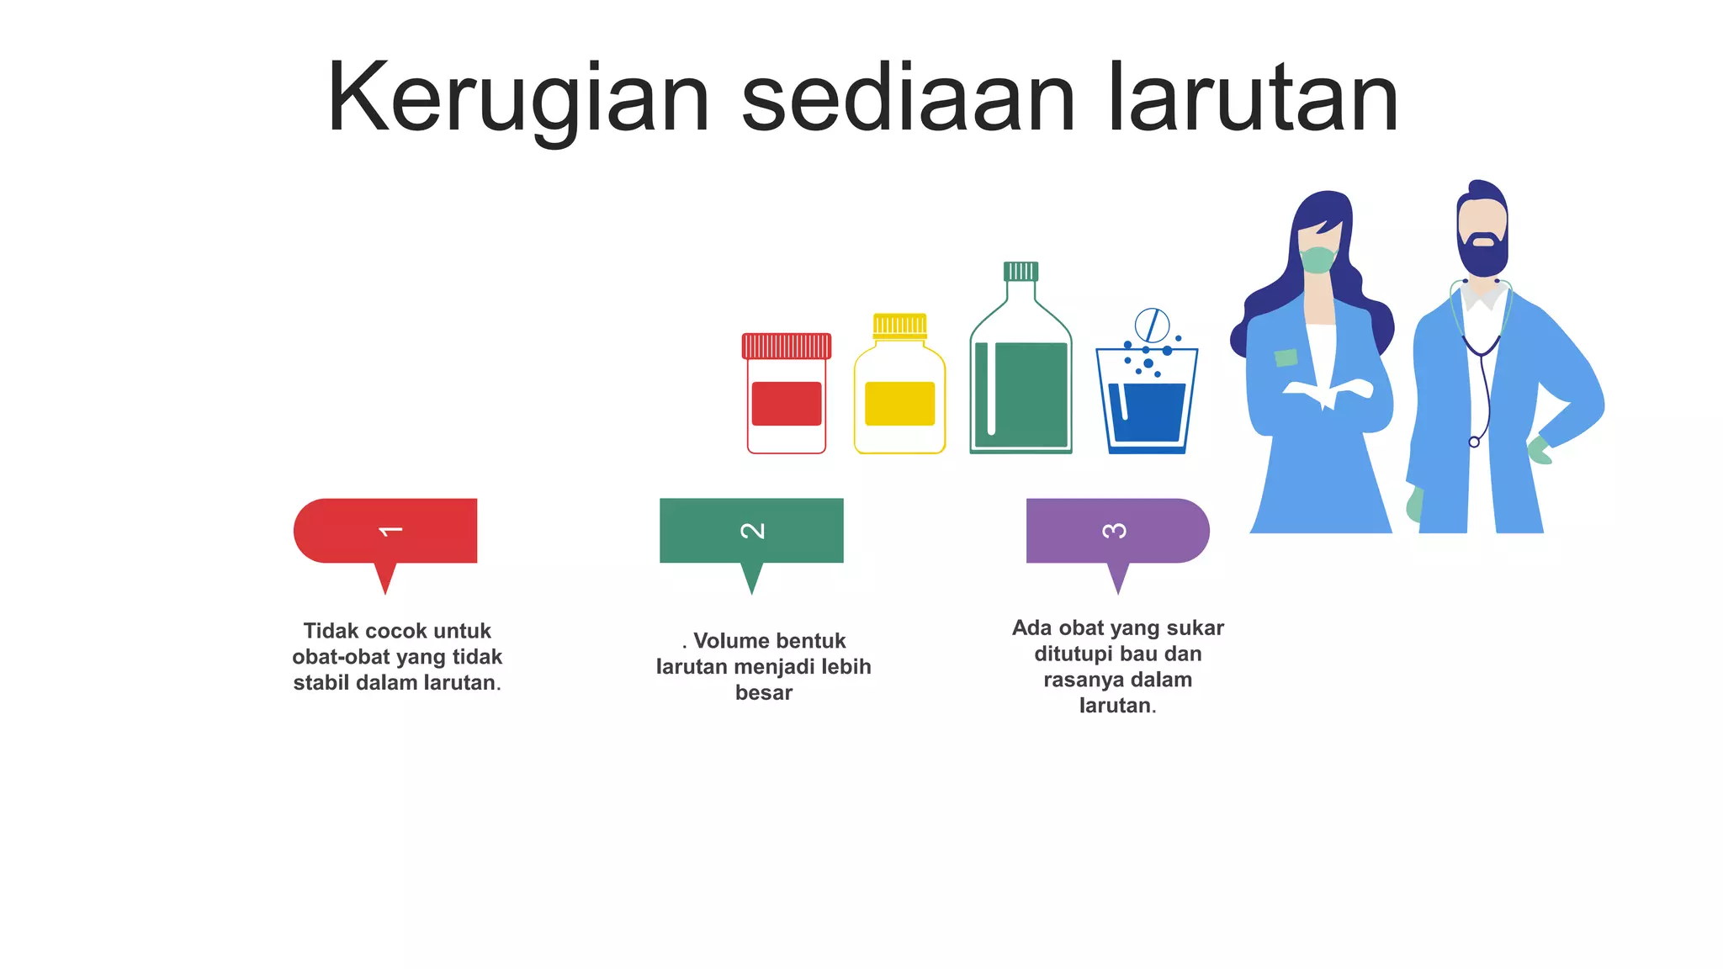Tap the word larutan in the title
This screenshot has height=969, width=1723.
[1254, 98]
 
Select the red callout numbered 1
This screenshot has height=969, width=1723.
[386, 532]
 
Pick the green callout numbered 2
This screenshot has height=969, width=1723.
[751, 532]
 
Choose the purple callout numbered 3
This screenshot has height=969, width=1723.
[1117, 532]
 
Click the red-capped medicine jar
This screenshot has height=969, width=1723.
[787, 395]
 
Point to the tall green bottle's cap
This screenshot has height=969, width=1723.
[1021, 271]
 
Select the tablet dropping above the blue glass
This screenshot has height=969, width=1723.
[1152, 325]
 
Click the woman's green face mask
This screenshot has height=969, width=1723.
[1317, 259]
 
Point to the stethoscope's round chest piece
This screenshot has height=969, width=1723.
[1474, 442]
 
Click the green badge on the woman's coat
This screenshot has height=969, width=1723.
[1286, 357]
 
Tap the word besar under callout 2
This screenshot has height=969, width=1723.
[764, 693]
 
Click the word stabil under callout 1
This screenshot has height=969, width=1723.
[321, 683]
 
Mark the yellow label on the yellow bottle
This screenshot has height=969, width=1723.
[899, 403]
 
